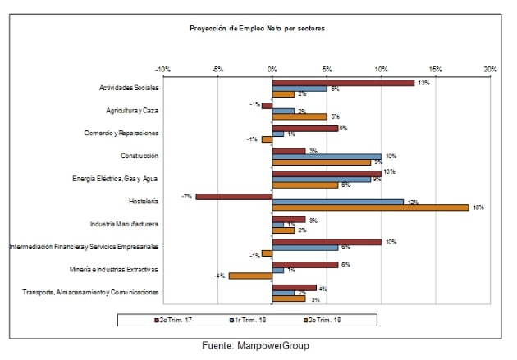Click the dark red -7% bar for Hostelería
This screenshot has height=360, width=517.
[x=234, y=196]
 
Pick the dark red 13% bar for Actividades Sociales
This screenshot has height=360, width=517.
[x=343, y=82]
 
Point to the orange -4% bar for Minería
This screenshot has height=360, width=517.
[x=250, y=276]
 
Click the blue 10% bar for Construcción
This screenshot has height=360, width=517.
[x=327, y=156]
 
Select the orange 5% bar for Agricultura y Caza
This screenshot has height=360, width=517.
[x=300, y=116]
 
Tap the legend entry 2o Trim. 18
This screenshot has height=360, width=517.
[x=342, y=318]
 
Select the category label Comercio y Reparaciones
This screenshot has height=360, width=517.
[x=121, y=133]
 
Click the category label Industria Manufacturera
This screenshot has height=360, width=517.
[x=124, y=224]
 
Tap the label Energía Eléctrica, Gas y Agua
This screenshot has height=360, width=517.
[x=115, y=178]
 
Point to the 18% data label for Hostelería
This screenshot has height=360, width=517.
[x=478, y=208]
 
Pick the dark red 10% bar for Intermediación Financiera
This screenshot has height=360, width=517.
[x=327, y=242]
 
